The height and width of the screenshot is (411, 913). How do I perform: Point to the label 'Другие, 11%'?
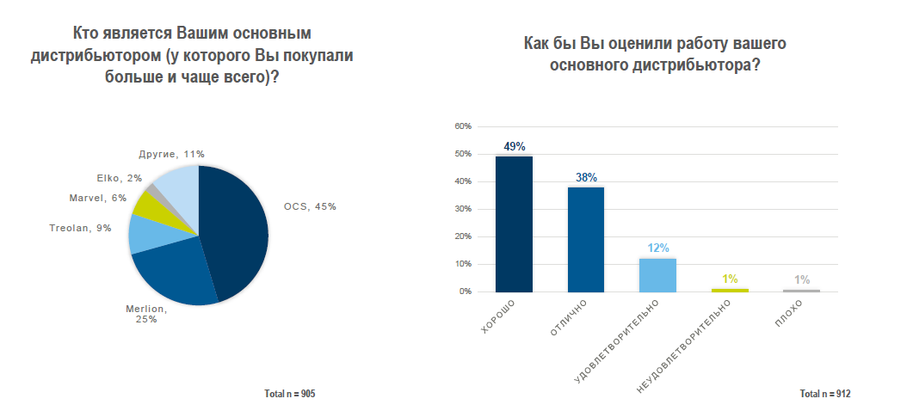click(x=171, y=154)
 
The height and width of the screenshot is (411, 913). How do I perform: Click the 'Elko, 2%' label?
click(x=120, y=179)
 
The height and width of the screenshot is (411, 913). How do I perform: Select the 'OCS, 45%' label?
click(x=310, y=206)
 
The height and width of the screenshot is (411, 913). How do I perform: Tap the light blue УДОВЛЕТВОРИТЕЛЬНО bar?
click(x=657, y=275)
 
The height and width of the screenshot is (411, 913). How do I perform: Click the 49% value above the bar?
click(x=515, y=147)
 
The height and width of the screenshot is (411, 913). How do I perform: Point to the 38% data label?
click(x=586, y=177)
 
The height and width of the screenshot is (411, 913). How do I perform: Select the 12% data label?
click(x=657, y=248)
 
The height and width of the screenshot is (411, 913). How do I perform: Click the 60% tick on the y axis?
click(x=463, y=126)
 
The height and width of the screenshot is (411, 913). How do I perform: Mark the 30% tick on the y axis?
click(x=463, y=209)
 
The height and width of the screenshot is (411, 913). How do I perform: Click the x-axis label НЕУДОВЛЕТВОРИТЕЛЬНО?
click(x=688, y=348)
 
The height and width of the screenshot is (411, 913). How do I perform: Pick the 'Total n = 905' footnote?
click(x=290, y=394)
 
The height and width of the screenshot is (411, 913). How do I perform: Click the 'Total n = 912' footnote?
click(x=824, y=394)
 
